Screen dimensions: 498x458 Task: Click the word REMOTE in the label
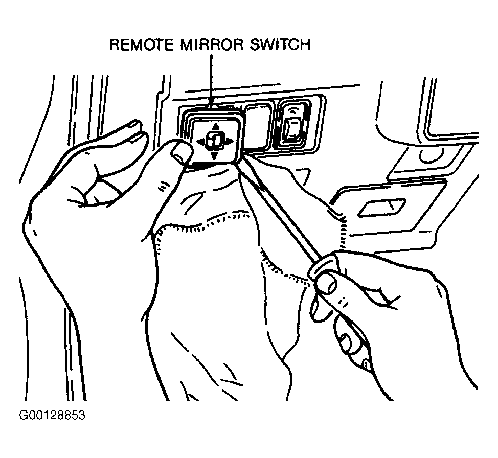pyautogui.click(x=141, y=45)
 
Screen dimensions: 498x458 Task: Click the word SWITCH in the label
pyautogui.click(x=280, y=45)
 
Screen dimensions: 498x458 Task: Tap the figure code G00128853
pyautogui.click(x=52, y=415)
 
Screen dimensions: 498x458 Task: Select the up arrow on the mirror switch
pyautogui.click(x=216, y=127)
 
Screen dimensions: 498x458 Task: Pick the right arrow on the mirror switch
pyautogui.click(x=230, y=141)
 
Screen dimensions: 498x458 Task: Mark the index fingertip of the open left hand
pyautogui.click(x=135, y=124)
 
